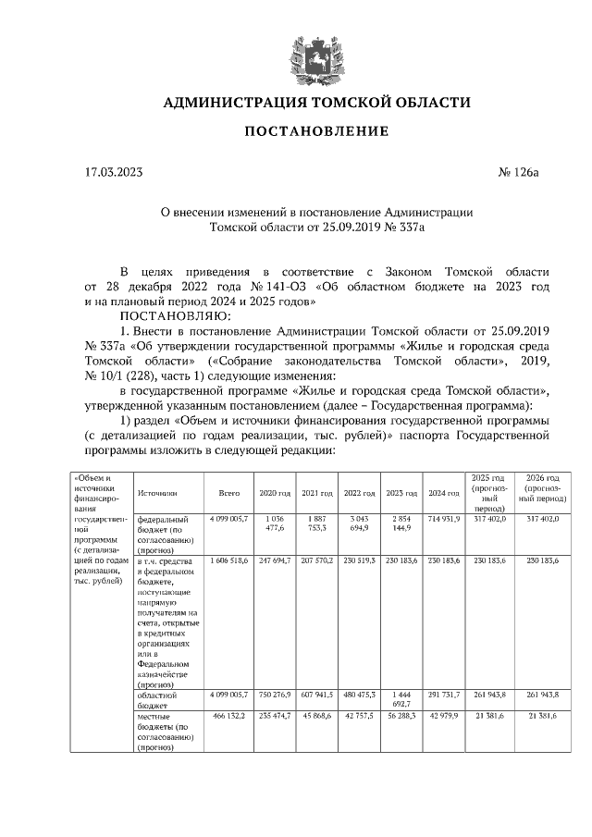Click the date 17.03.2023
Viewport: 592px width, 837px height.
[113, 173]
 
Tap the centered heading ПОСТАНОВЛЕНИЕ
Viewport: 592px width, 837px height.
[316, 132]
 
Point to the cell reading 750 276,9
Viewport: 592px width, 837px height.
[274, 694]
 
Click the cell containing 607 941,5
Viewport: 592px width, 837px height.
[317, 694]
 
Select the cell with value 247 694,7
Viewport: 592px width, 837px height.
[274, 560]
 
